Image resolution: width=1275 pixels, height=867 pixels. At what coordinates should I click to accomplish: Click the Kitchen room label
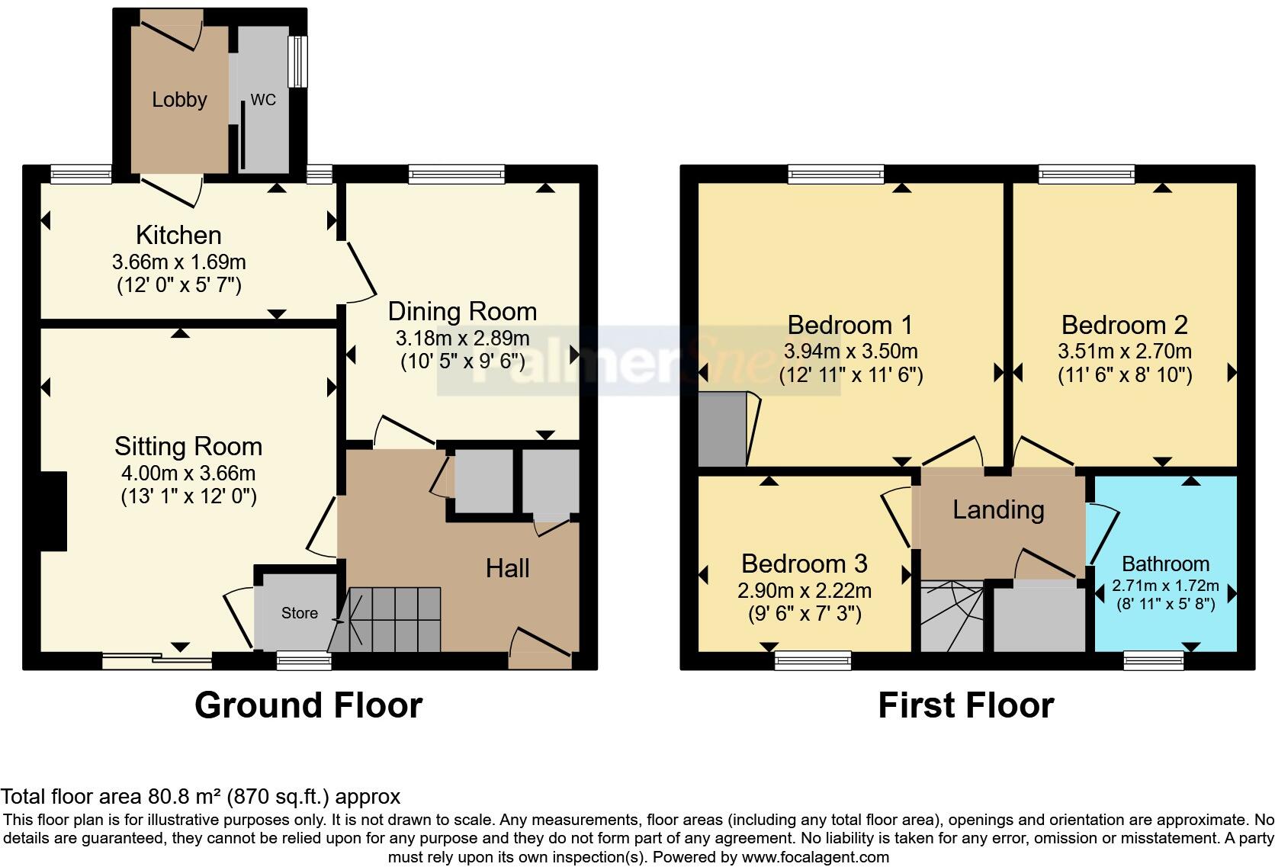(178, 235)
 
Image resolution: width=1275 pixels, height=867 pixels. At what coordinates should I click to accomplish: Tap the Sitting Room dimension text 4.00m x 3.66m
(188, 473)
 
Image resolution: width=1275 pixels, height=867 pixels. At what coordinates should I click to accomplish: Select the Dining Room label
(462, 311)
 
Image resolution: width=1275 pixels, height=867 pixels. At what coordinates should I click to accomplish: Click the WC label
(263, 100)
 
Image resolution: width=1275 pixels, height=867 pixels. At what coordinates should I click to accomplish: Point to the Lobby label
(179, 99)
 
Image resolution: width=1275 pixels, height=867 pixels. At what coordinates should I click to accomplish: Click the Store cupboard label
(299, 613)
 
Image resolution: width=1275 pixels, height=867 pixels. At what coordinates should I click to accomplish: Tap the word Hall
(507, 568)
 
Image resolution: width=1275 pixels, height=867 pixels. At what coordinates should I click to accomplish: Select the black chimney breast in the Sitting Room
(53, 511)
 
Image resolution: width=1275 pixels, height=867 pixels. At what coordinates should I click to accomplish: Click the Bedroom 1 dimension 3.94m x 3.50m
(850, 352)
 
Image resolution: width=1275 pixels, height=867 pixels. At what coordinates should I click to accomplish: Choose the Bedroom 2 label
(1124, 325)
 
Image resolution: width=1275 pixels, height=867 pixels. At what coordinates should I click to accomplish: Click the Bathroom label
(1165, 564)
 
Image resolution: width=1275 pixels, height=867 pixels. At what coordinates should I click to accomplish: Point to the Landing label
(998, 509)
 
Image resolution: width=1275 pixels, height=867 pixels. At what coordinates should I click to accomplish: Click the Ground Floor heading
(308, 705)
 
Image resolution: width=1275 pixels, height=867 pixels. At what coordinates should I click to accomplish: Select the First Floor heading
(965, 705)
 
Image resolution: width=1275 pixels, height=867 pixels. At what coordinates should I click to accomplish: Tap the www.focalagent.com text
(815, 856)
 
